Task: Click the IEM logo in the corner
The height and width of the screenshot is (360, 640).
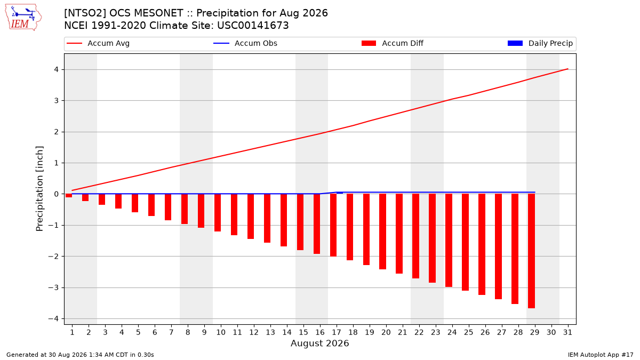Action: [23, 18]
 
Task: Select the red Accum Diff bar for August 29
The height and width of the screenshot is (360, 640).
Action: [531, 251]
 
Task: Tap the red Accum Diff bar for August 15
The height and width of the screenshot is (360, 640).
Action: [300, 222]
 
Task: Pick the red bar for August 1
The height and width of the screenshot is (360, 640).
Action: [69, 196]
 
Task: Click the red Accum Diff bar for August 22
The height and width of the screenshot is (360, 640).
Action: [415, 236]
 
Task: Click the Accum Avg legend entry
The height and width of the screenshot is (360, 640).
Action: [98, 43]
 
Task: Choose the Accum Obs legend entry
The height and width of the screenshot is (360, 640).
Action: [245, 43]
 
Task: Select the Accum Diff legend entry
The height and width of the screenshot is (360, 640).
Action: [393, 43]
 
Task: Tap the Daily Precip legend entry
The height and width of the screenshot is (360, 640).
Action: [540, 43]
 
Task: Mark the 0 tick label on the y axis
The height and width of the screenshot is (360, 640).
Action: [56, 194]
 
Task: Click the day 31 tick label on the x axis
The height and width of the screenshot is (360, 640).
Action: [567, 333]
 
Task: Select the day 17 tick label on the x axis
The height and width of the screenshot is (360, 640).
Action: [337, 333]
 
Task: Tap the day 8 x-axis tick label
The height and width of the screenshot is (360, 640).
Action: [188, 333]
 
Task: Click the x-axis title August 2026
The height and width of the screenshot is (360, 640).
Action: [320, 343]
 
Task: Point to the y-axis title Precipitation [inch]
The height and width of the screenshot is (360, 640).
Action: [39, 189]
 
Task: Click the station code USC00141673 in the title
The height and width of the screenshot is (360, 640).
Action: [253, 26]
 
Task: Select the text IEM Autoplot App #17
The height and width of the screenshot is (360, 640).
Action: [601, 355]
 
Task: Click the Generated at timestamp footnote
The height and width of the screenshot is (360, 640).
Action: [80, 355]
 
